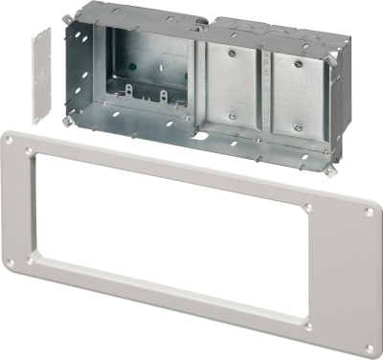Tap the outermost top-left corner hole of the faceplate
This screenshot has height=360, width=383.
[x=10, y=140]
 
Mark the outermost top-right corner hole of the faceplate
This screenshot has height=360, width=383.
[x=370, y=214]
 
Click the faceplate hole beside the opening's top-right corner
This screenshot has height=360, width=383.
[x=306, y=208]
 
